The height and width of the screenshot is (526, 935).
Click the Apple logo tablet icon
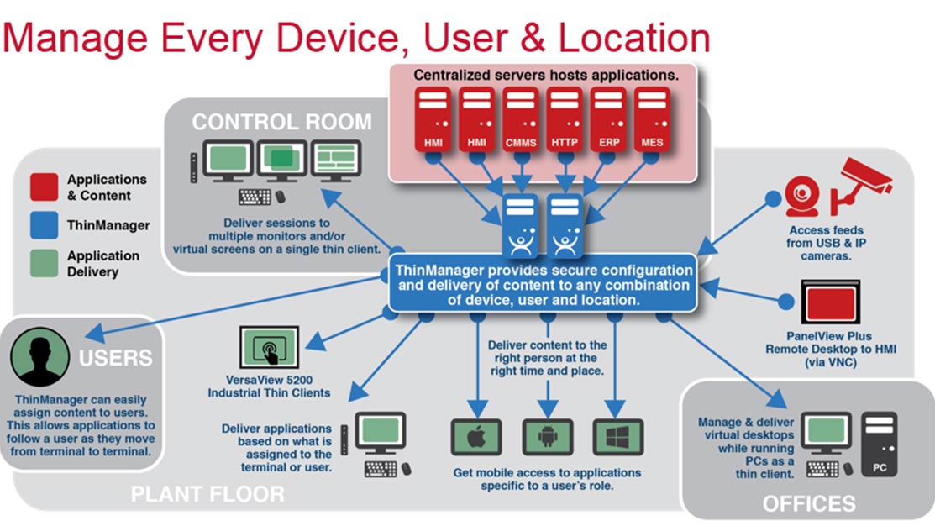[x=477, y=437]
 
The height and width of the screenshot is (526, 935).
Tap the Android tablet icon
[x=548, y=437]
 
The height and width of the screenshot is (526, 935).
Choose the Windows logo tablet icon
[x=618, y=437]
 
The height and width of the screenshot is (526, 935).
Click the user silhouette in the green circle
[x=39, y=357]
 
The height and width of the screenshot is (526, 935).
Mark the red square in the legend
[x=44, y=187]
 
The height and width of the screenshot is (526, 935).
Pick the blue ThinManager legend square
[x=44, y=225]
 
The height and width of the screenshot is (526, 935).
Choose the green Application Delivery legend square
[x=44, y=264]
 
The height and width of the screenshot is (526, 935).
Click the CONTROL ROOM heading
[x=281, y=123]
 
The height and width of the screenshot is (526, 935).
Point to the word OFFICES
[x=808, y=503]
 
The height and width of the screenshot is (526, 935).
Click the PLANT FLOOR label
[x=207, y=494]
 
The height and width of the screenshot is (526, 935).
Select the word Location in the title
[x=634, y=39]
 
